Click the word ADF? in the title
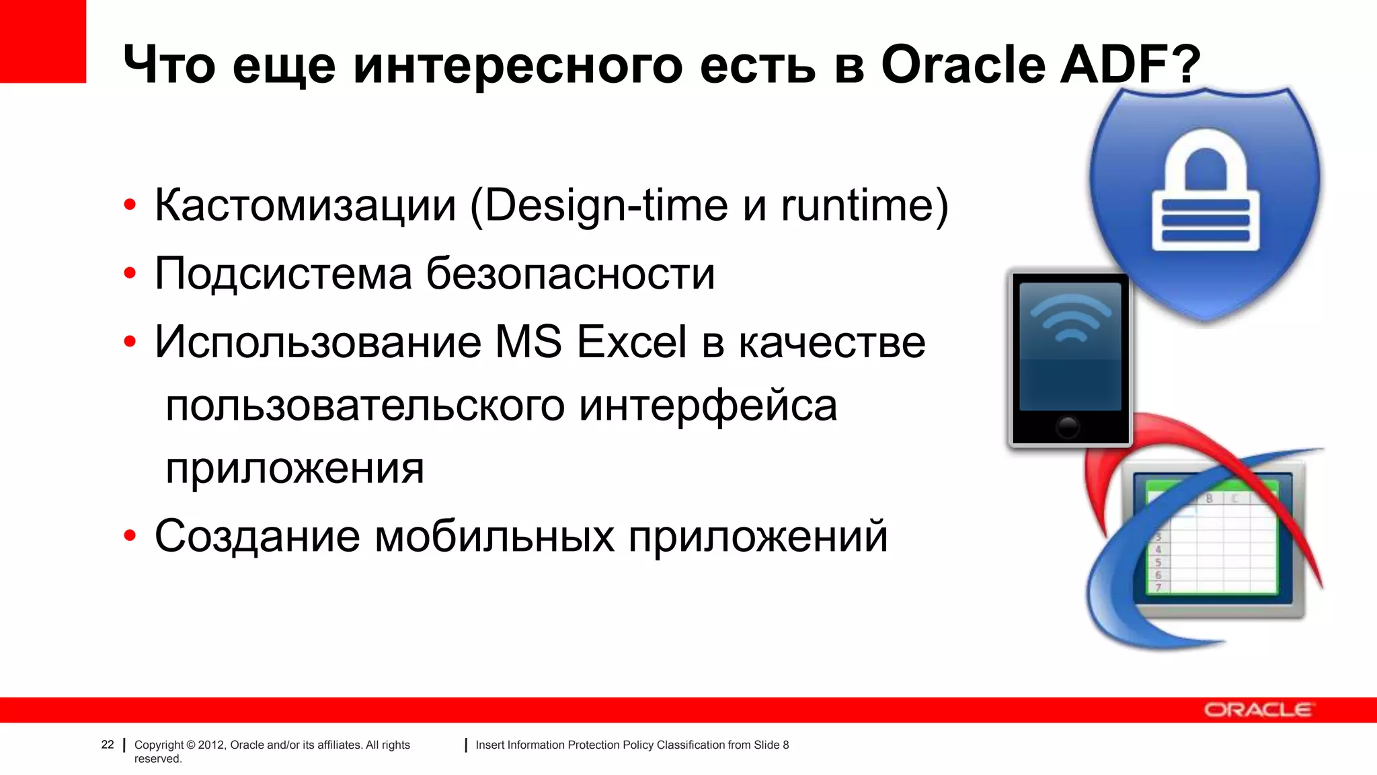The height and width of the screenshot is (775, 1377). (x=1130, y=65)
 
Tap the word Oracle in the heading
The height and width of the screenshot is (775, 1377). (x=963, y=65)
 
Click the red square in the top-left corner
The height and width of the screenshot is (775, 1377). (x=42, y=41)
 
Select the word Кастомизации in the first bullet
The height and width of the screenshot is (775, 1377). (x=305, y=205)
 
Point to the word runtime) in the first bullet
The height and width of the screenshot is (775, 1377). (x=865, y=205)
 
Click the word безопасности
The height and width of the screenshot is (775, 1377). (x=570, y=274)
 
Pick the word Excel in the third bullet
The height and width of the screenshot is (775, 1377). (x=631, y=342)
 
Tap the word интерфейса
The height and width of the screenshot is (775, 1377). (x=707, y=406)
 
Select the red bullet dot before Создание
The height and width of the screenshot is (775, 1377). (x=130, y=536)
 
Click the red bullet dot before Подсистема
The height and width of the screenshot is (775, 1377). (x=130, y=274)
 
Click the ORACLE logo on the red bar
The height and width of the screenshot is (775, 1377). (x=1257, y=710)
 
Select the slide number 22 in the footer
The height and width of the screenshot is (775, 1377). (x=108, y=745)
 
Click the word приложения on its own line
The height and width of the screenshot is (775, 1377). (x=294, y=469)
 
